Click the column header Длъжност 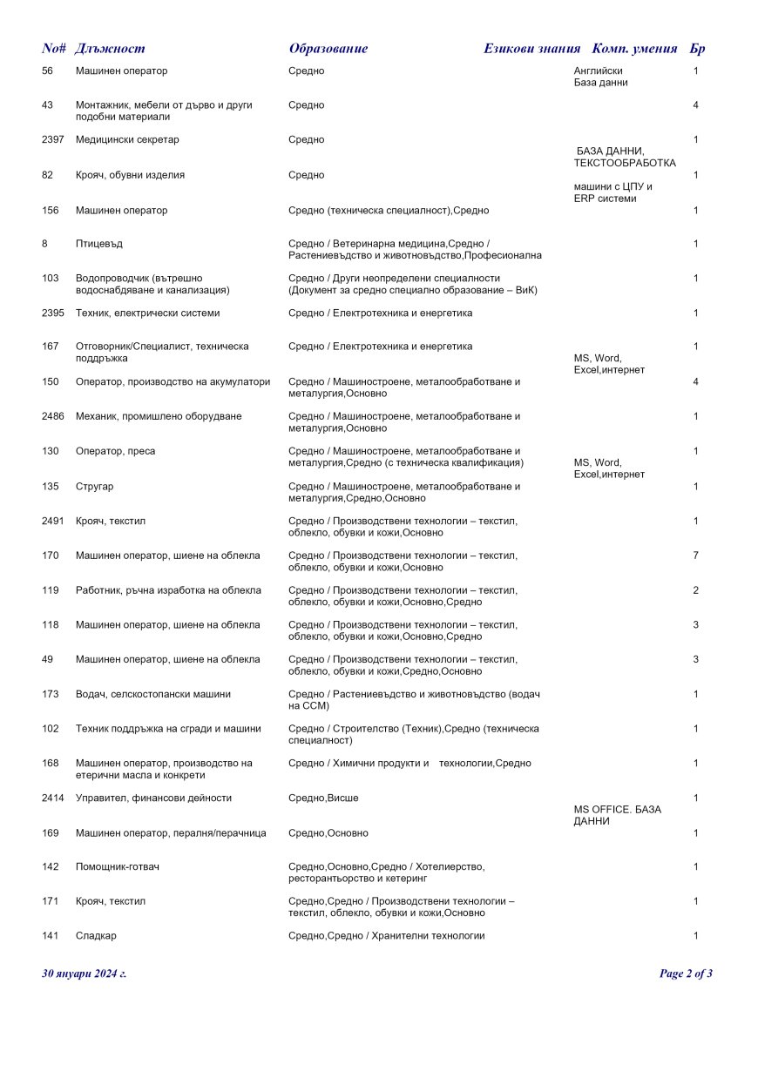pyautogui.click(x=110, y=49)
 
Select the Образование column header pyautogui.click(x=328, y=49)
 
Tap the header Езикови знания pyautogui.click(x=531, y=49)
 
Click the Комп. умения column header pyautogui.click(x=634, y=49)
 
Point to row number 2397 pyautogui.click(x=53, y=140)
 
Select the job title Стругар pyautogui.click(x=95, y=487)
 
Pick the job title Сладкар pyautogui.click(x=96, y=936)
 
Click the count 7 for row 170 pyautogui.click(x=695, y=556)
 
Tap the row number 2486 pyautogui.click(x=53, y=417)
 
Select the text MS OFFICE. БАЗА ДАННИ pyautogui.click(x=617, y=816)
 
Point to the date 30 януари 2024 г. pyautogui.click(x=85, y=973)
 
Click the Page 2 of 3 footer pyautogui.click(x=686, y=973)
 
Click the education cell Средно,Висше pyautogui.click(x=323, y=798)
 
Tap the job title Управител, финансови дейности pyautogui.click(x=153, y=798)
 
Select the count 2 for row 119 pyautogui.click(x=695, y=590)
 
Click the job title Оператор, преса pyautogui.click(x=116, y=452)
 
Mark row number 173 pyautogui.click(x=51, y=695)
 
